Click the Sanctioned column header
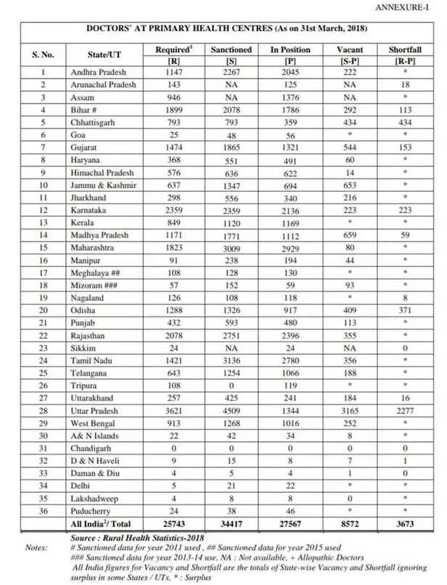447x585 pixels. tap(231, 49)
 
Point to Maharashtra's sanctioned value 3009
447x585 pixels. tap(231, 245)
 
